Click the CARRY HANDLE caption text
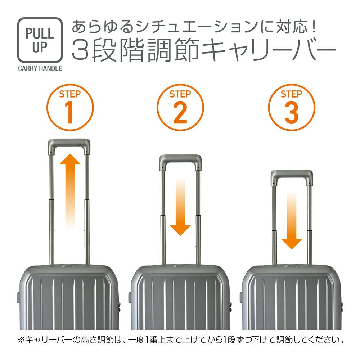40,68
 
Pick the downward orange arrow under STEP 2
180,207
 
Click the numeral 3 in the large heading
80,50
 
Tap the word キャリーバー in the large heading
269,50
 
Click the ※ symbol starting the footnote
21,340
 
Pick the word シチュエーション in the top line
196,27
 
